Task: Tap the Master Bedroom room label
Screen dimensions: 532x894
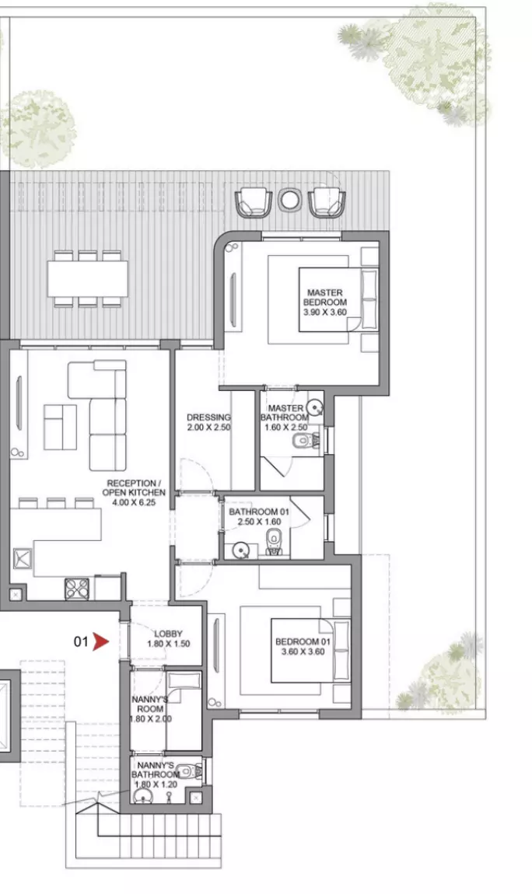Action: click(325, 302)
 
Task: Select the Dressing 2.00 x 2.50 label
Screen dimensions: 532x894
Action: click(208, 422)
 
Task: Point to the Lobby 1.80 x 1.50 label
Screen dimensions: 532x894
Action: click(168, 638)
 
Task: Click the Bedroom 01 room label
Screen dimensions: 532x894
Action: click(303, 647)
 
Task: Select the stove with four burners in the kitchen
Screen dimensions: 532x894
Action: click(77, 589)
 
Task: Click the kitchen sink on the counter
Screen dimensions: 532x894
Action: click(23, 558)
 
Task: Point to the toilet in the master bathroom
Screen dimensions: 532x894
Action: click(306, 441)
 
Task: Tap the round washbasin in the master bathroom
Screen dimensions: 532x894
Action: click(315, 407)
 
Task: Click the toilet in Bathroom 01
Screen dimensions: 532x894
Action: click(275, 542)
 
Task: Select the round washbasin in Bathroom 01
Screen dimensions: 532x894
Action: click(241, 550)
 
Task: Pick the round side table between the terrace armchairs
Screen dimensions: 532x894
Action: click(289, 200)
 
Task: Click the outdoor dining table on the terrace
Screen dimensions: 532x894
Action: click(87, 278)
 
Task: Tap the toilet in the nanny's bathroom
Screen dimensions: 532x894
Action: click(189, 772)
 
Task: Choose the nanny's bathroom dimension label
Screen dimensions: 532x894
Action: click(156, 784)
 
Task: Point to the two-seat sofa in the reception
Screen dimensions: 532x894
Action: click(61, 427)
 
